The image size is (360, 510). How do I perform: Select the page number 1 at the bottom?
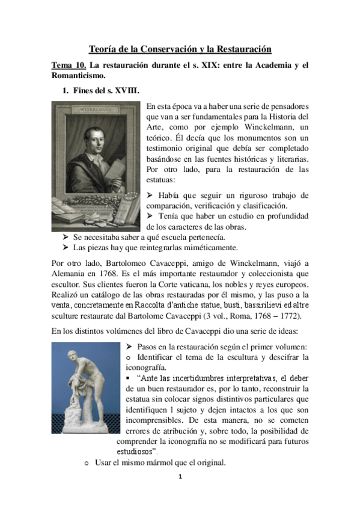(180, 478)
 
